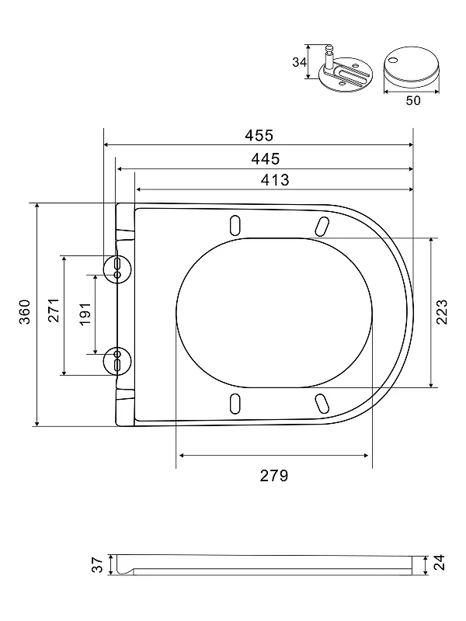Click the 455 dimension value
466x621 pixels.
[x=259, y=135]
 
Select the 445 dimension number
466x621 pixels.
[x=266, y=159]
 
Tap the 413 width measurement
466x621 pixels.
[x=275, y=180]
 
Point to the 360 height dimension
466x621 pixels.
[x=25, y=312]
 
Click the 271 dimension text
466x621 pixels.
[x=54, y=310]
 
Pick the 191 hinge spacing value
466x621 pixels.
[x=85, y=314]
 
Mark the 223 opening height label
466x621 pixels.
[x=442, y=312]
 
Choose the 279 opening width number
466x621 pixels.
[x=274, y=475]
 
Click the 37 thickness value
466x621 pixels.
[x=97, y=564]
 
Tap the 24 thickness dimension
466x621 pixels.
[x=440, y=562]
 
